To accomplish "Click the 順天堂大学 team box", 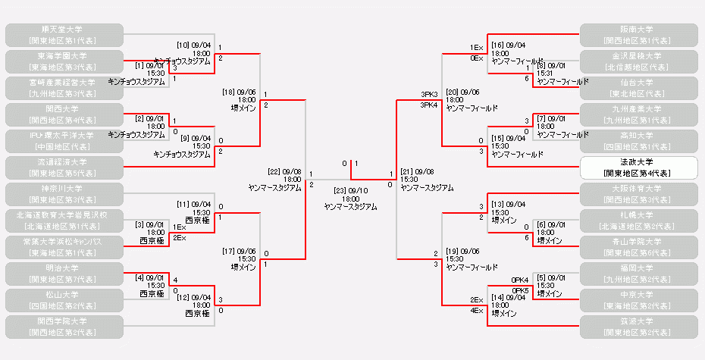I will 64,34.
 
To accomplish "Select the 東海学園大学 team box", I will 64,61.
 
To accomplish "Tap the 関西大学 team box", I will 64,114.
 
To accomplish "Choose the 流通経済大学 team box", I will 64,167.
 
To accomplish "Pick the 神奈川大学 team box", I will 64,193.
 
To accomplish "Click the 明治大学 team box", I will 64,273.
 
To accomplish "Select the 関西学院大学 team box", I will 64,326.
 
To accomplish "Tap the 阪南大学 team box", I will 638,34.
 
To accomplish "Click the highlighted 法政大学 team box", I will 638,167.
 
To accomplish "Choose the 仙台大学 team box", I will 638,87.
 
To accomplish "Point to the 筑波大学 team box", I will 638,326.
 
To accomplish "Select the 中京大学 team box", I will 638,299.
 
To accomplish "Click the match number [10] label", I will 184,45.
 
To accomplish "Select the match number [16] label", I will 499,45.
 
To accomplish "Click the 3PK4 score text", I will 430,105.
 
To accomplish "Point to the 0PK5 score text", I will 521,290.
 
